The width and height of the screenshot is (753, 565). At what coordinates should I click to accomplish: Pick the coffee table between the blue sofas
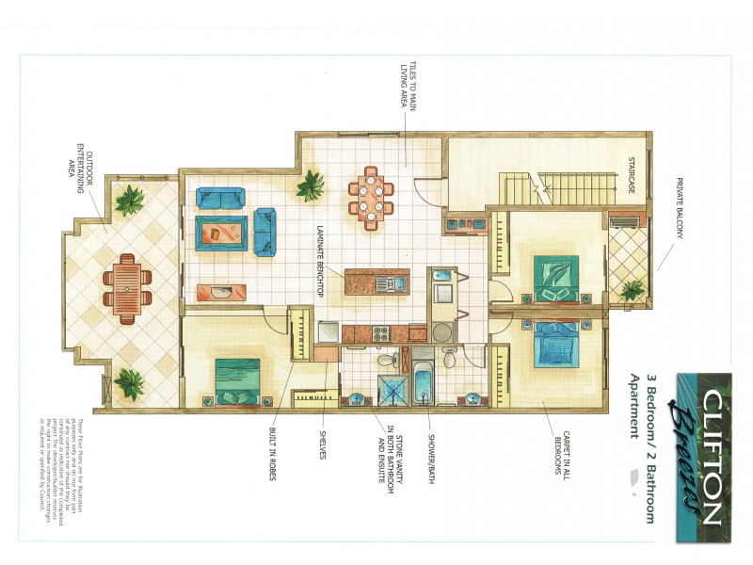click(x=222, y=233)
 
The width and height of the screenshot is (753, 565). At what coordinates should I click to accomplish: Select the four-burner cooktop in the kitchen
click(x=382, y=331)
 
